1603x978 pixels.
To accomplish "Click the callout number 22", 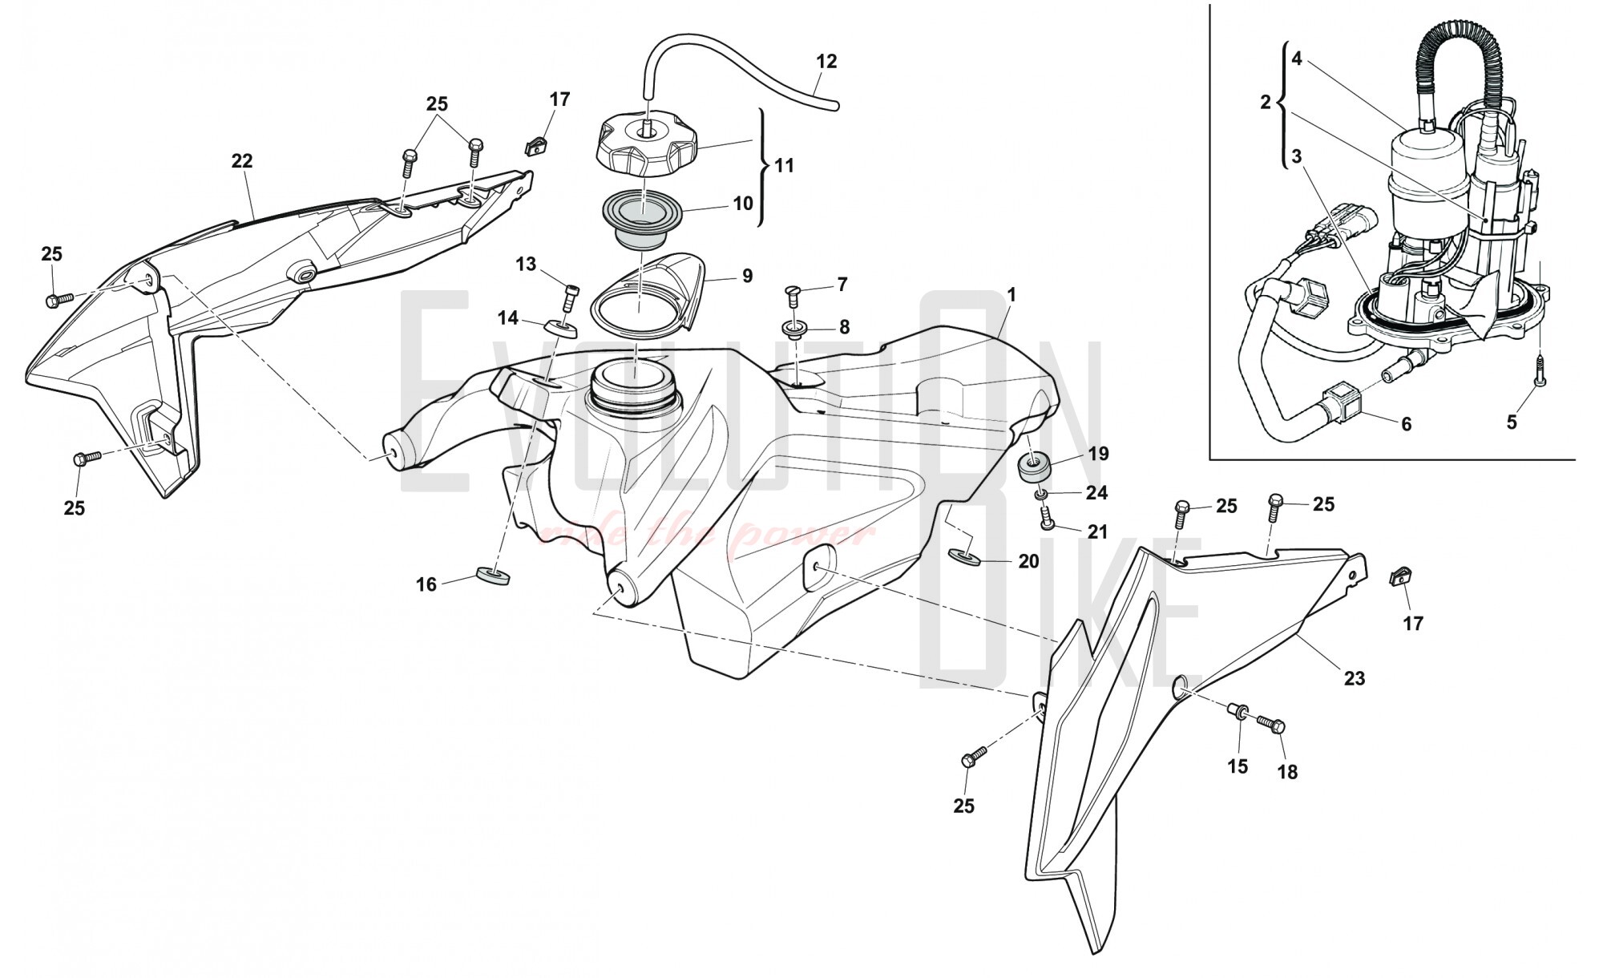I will (x=241, y=161).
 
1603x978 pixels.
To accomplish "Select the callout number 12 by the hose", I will (x=826, y=62).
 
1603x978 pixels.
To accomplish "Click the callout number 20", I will (x=1028, y=561).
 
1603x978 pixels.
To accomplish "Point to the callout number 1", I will (x=1011, y=295).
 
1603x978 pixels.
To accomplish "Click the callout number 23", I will (x=1354, y=678).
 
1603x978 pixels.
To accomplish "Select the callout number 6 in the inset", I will (x=1406, y=423).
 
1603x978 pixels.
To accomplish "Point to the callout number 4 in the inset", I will (x=1297, y=58).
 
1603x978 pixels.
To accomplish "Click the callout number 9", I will (x=747, y=276).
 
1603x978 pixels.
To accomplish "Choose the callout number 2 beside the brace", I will (x=1266, y=102).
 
